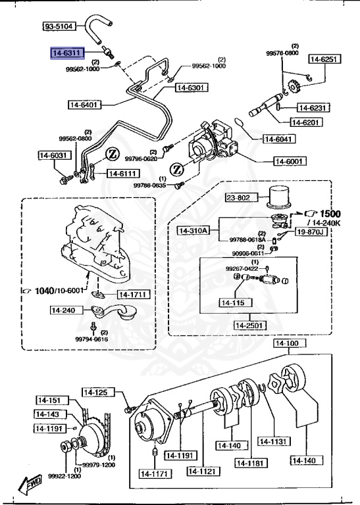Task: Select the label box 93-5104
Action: pos(59,27)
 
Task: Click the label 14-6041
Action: pos(279,138)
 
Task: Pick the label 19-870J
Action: pos(309,231)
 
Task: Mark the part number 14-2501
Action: pos(249,325)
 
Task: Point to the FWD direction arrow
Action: pos(32,485)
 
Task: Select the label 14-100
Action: pos(287,344)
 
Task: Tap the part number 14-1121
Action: pos(203,471)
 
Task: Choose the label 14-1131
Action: pos(272,441)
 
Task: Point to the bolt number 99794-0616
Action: pos(91,339)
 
